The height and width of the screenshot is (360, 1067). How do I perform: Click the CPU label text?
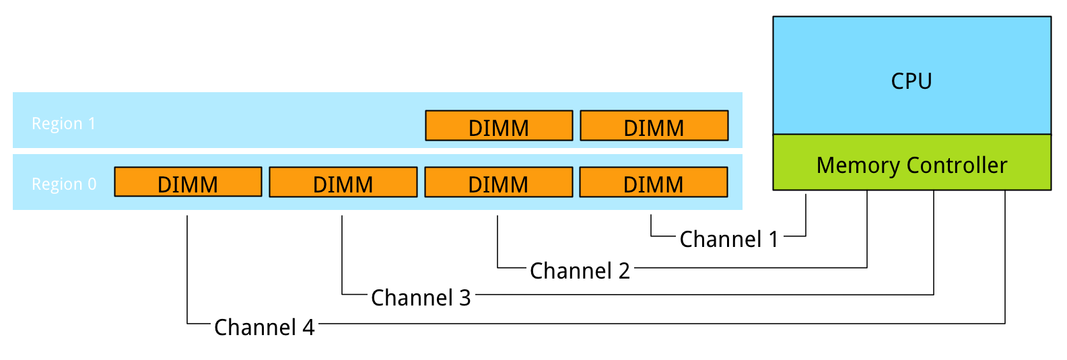point(911,81)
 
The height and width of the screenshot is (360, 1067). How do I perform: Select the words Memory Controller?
point(911,166)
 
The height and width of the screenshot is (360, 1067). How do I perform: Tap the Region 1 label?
point(63,123)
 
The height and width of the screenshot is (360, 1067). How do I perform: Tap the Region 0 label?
point(64,184)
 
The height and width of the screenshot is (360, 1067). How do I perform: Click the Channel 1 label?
point(729,239)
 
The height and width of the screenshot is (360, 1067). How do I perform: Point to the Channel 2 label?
point(580,271)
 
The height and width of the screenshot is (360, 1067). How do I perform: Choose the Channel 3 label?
point(421,297)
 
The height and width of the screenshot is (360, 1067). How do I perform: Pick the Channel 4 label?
point(265,327)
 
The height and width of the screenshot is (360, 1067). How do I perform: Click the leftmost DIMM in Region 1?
point(499,126)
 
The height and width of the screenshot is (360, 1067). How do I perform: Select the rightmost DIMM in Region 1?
point(654,126)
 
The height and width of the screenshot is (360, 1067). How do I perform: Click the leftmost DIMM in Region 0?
point(188,182)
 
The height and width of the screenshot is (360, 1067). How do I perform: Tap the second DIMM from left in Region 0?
point(343,182)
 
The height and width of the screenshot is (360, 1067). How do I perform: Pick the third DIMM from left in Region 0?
point(499,182)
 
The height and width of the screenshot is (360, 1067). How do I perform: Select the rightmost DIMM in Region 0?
point(654,182)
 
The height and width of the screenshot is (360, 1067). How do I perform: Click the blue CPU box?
point(911,75)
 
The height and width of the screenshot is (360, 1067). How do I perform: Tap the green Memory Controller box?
point(911,162)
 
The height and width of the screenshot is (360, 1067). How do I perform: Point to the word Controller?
point(957,166)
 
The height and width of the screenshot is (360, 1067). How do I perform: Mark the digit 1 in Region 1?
point(92,123)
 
